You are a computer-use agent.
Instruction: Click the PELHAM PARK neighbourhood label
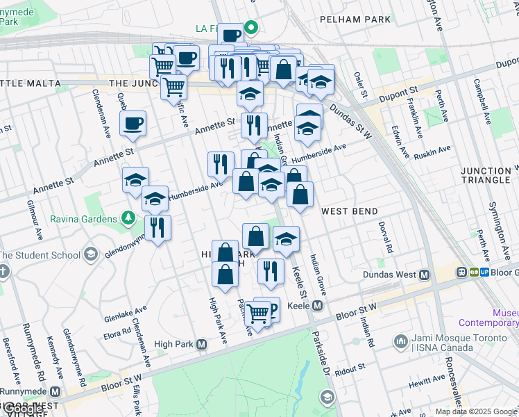[355, 19]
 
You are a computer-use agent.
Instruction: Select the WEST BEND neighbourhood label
[349, 211]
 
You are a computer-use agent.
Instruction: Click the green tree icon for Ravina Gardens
[128, 219]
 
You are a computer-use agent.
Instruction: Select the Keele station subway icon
[318, 305]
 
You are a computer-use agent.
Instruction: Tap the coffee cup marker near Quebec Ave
[133, 124]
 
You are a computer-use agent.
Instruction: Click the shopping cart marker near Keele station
[257, 314]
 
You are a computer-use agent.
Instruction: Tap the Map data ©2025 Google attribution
[476, 411]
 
